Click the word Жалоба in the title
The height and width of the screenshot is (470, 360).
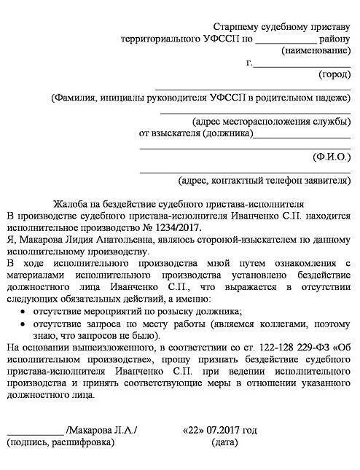(71, 205)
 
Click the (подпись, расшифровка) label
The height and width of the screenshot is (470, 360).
(55, 443)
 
